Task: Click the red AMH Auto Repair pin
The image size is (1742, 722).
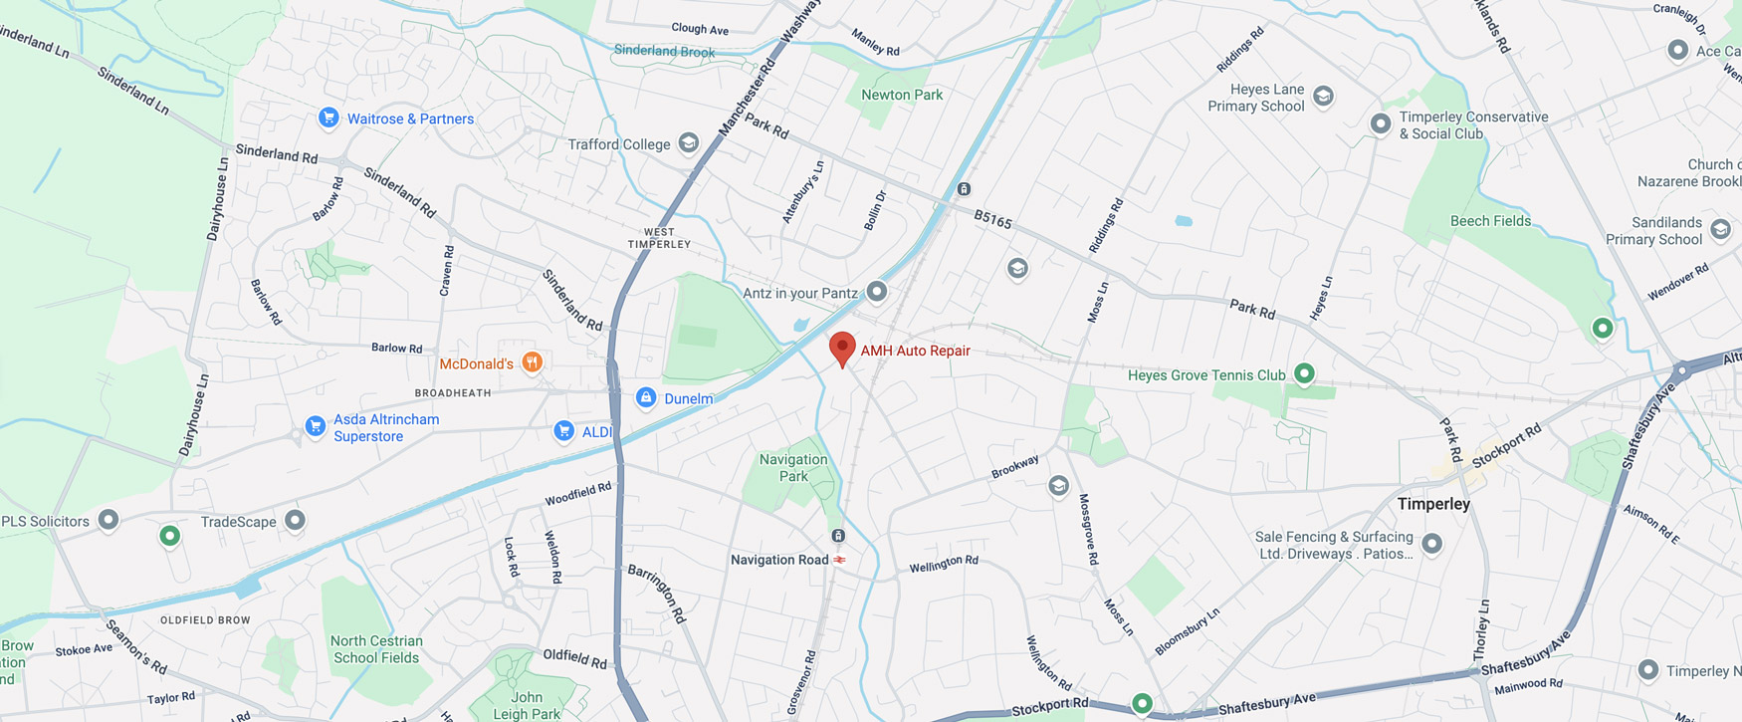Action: [x=842, y=349]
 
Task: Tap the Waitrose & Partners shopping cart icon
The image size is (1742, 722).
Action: [x=328, y=118]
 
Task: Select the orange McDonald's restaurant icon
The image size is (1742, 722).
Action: [x=533, y=361]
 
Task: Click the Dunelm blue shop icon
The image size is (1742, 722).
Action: [x=646, y=398]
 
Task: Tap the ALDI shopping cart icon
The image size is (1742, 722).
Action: [x=564, y=431]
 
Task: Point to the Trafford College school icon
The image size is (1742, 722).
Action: [x=688, y=143]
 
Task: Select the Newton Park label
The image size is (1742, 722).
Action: [x=902, y=95]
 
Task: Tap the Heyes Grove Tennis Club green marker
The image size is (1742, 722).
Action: [x=1304, y=374]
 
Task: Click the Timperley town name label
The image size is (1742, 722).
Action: [x=1433, y=504]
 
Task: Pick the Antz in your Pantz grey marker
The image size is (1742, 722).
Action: [x=877, y=292]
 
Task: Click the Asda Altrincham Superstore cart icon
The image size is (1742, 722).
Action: [x=316, y=427]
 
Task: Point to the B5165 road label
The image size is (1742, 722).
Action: [x=992, y=219]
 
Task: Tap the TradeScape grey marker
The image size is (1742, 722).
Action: [x=295, y=520]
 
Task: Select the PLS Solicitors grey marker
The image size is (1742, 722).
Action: [x=109, y=520]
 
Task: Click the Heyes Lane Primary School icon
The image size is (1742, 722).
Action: [x=1323, y=96]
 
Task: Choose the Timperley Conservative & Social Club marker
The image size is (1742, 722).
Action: [x=1381, y=123]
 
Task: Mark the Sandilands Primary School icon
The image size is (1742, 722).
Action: [x=1720, y=230]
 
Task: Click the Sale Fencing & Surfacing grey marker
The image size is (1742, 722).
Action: [x=1431, y=544]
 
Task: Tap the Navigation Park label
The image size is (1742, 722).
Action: [x=793, y=468]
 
